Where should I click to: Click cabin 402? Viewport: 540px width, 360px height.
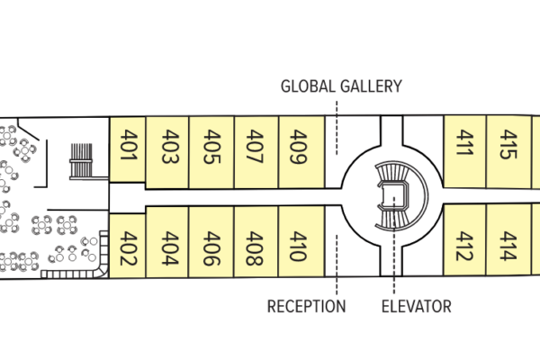(127, 249)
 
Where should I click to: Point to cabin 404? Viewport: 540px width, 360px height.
(168, 247)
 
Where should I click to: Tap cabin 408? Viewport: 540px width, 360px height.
(255, 247)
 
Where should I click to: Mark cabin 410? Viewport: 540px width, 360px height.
(300, 247)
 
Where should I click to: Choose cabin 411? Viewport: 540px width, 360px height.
(464, 147)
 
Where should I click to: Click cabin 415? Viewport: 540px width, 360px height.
(508, 147)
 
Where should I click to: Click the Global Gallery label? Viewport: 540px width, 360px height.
(341, 86)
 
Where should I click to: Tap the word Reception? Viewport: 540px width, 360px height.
(306, 307)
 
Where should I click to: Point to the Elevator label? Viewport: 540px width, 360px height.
(416, 307)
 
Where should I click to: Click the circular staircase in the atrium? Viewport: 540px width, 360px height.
(392, 193)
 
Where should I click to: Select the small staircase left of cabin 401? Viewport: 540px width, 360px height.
(82, 160)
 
